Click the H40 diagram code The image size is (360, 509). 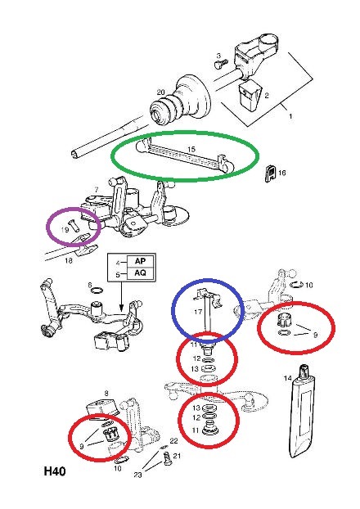[55, 471]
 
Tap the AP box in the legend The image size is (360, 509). [140, 261]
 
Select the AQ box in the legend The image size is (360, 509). [140, 273]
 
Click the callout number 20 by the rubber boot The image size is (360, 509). [160, 92]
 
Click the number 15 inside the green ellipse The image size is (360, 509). [191, 149]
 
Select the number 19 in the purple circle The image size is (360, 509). [65, 230]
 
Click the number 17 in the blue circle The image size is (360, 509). [198, 312]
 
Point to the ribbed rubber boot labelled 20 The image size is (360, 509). [181, 99]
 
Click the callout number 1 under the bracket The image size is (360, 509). [290, 116]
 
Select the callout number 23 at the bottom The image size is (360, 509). [137, 475]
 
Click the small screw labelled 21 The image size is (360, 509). [167, 458]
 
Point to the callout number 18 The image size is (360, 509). [69, 260]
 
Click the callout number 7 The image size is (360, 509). [96, 190]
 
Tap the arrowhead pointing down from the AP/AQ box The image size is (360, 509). [121, 309]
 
